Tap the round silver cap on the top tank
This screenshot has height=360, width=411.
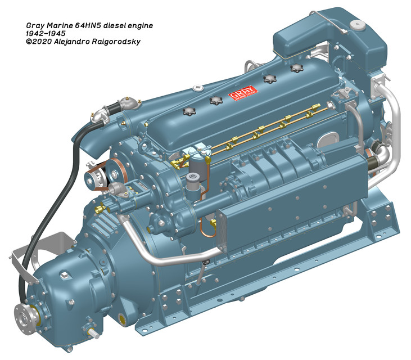coord(354,25)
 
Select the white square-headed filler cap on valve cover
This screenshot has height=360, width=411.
coord(197,88)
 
